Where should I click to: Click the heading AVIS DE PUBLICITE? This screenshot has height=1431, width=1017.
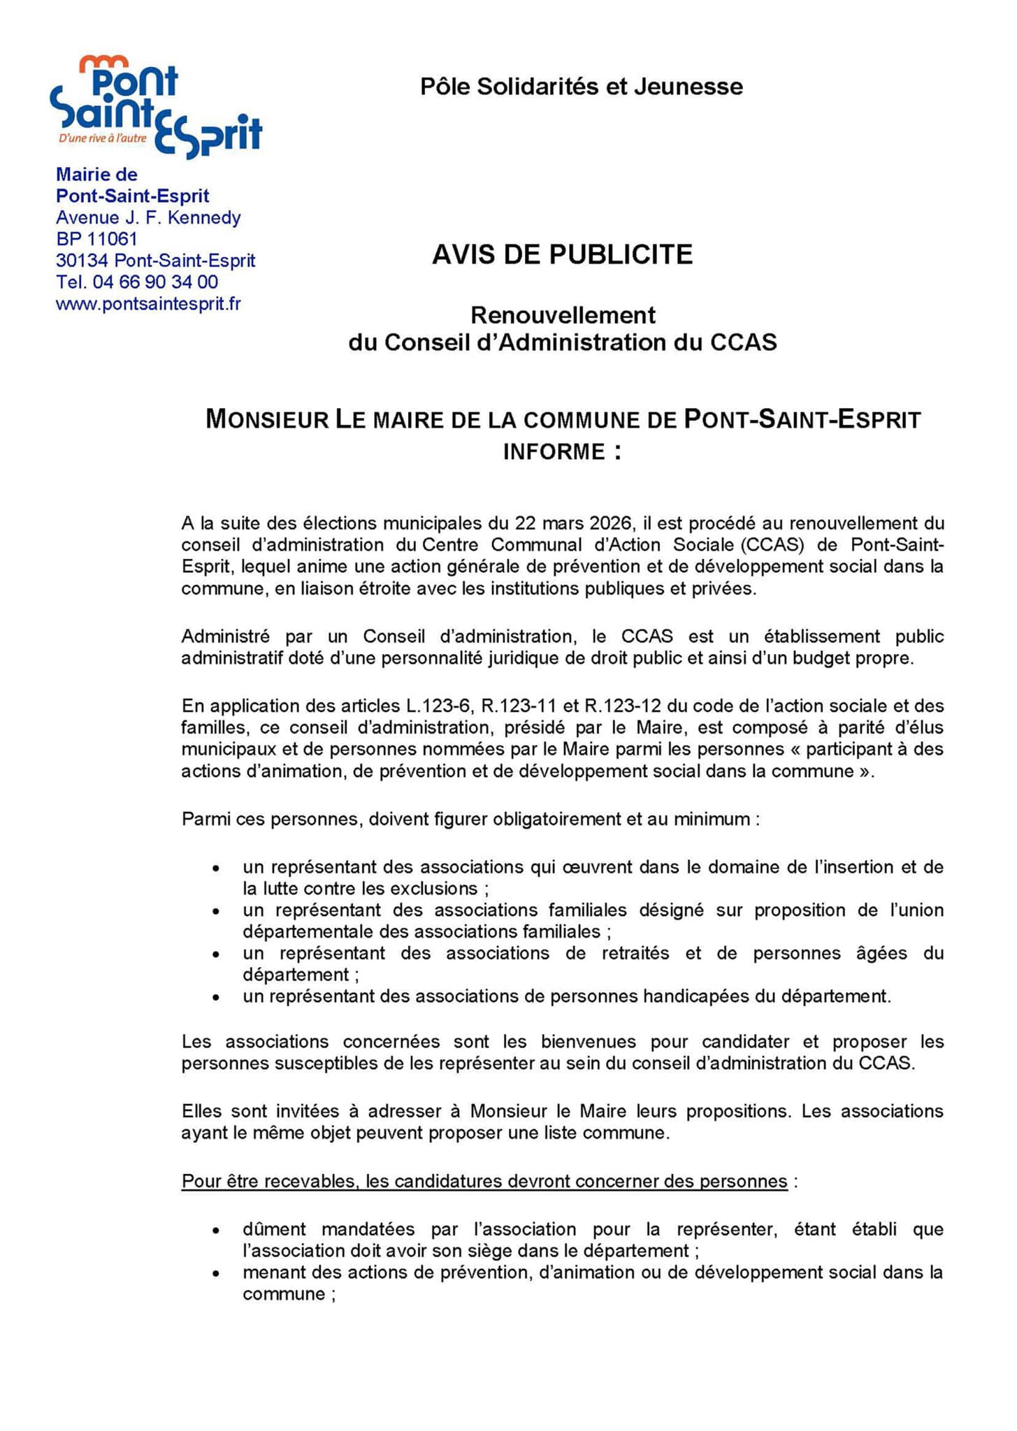562,254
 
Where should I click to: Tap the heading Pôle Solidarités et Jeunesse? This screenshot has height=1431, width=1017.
581,87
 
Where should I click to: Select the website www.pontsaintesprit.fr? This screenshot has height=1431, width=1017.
148,304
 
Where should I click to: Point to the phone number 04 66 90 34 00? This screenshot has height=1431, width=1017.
155,282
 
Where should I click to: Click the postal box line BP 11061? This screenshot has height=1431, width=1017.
96,239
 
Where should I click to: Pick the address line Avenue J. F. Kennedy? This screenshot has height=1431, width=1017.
148,217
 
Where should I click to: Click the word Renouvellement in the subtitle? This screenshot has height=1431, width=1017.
563,315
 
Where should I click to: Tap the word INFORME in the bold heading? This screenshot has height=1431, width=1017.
554,451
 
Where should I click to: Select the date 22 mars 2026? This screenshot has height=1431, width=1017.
573,523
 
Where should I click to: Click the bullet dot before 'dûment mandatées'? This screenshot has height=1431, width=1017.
217,1230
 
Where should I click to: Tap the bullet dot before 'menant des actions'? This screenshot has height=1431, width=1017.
217,1274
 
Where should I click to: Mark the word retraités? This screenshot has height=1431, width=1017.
635,953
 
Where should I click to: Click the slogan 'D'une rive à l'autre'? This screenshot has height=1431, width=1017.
103,138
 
